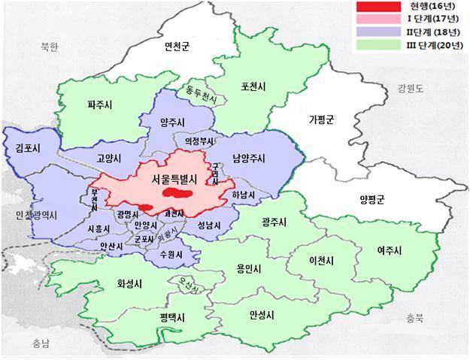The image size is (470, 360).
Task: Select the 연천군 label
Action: pos(177,47)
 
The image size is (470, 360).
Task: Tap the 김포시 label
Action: pos(27,149)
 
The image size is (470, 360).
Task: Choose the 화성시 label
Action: pos(132,284)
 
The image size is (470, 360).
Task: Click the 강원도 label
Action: pos(411,89)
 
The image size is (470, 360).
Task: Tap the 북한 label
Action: pos(49,47)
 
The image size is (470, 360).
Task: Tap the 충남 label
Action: pos(41,343)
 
